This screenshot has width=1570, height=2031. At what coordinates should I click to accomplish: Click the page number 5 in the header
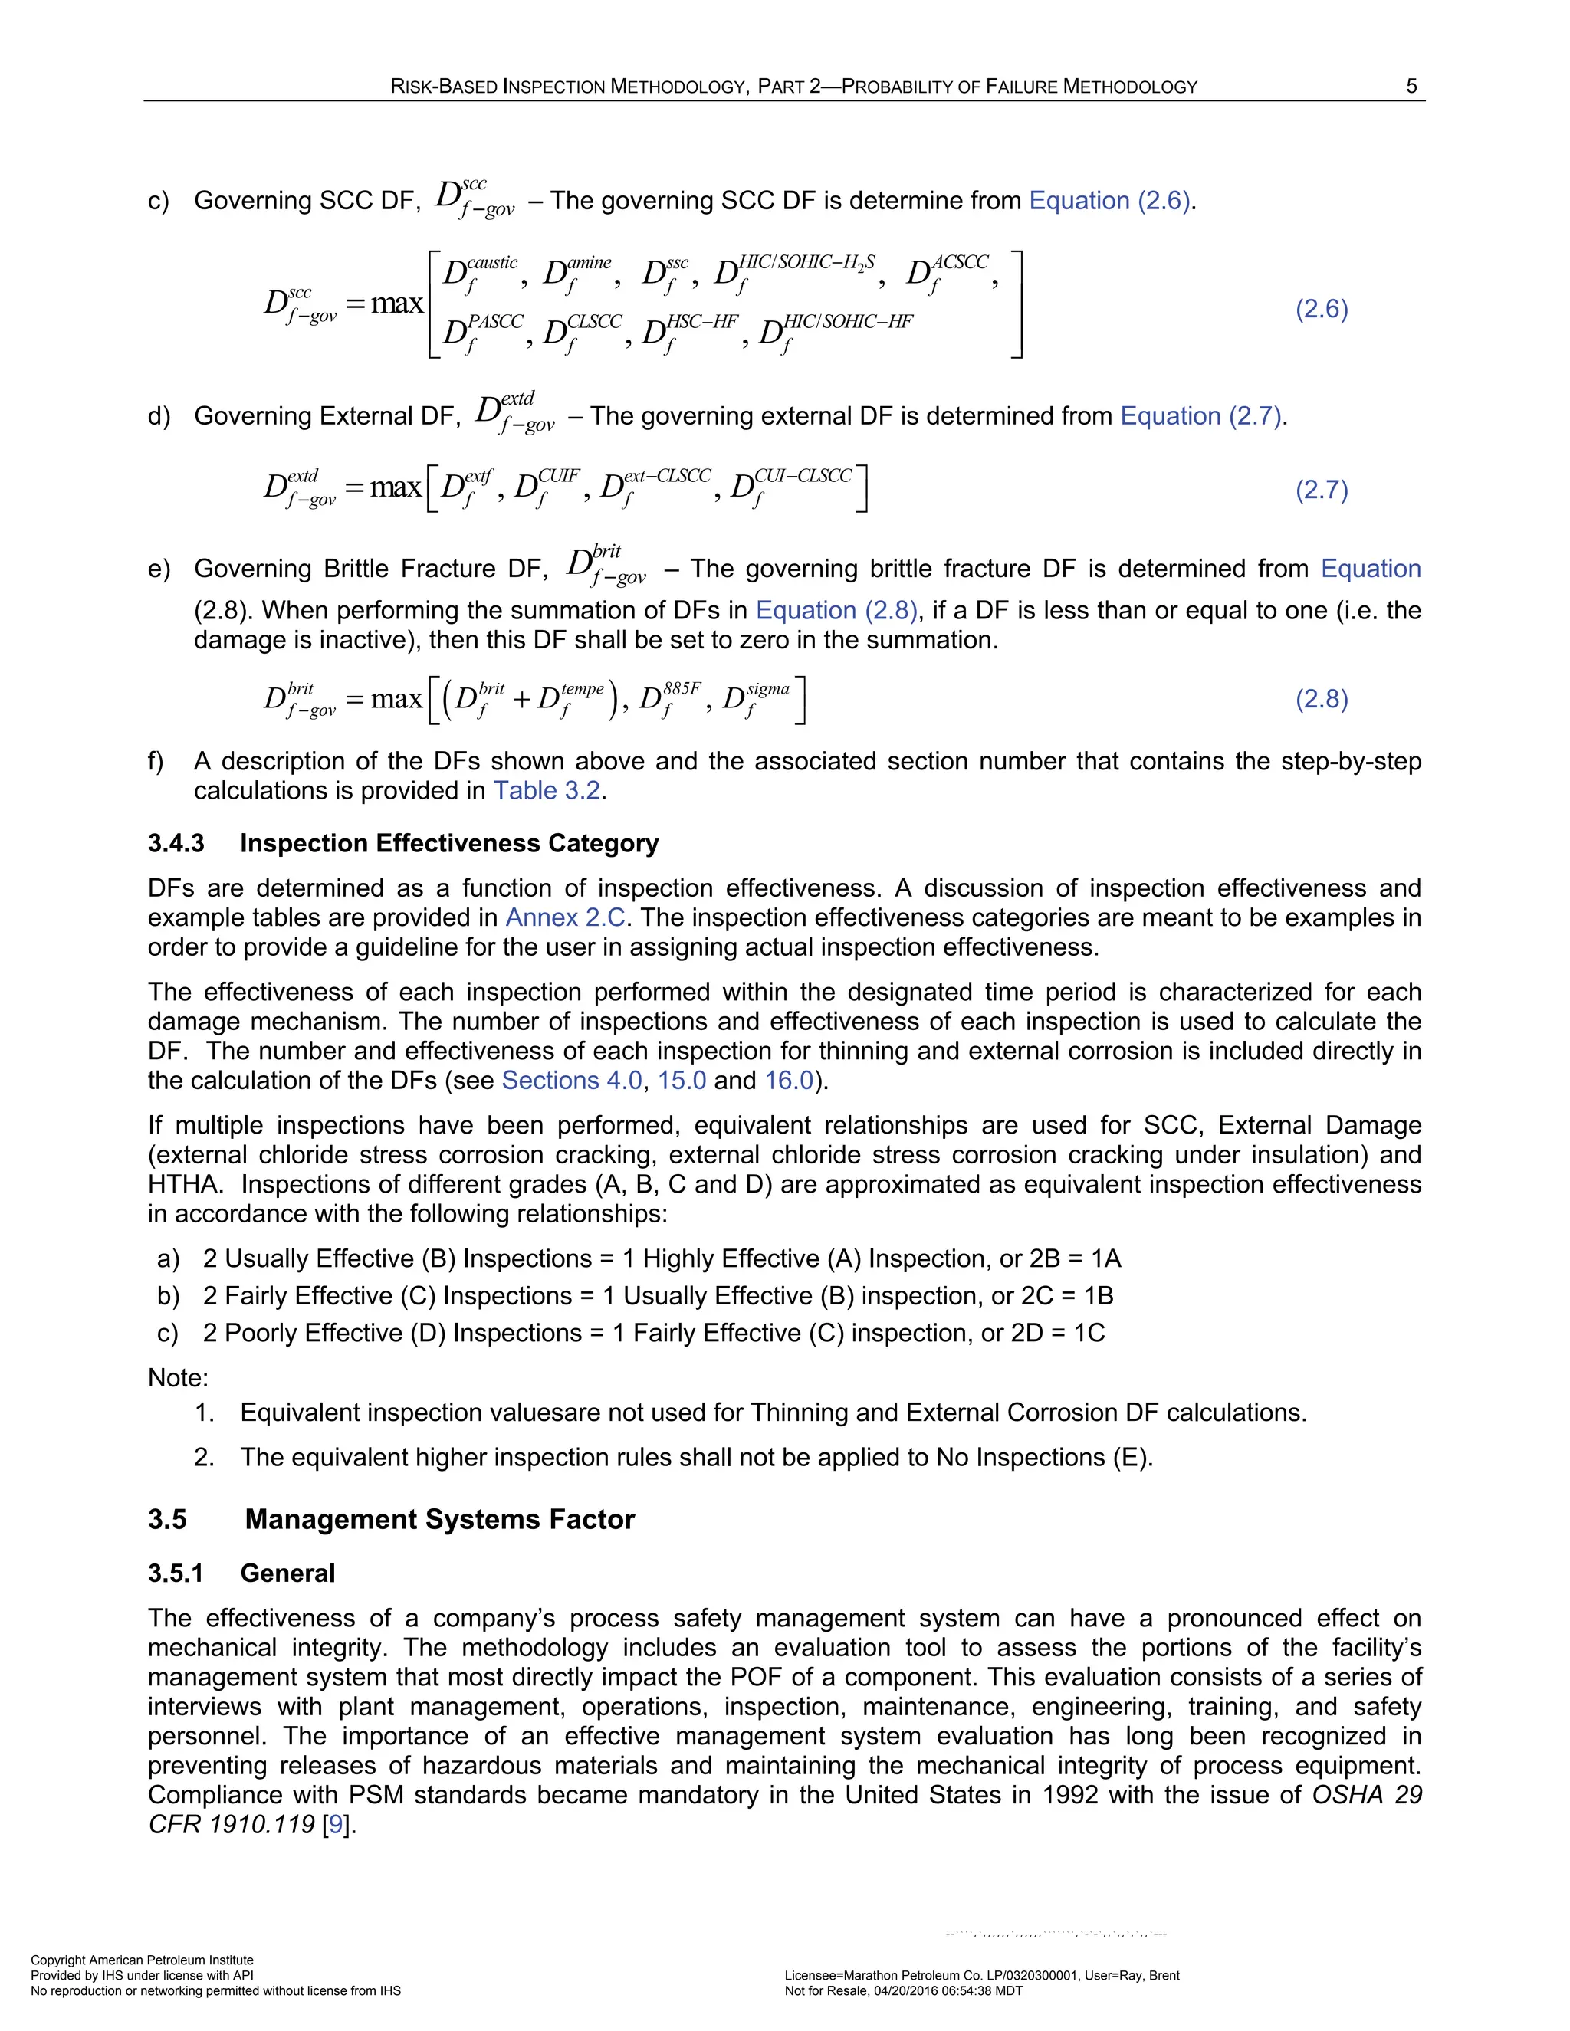coord(1411,87)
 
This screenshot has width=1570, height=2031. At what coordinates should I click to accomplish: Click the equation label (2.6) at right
coord(1322,309)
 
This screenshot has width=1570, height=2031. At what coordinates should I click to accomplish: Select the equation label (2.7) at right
coord(1322,489)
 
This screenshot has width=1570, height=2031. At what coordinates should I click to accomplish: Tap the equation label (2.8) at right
coord(1322,698)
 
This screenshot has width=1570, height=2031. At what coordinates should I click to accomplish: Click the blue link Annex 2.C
coord(564,918)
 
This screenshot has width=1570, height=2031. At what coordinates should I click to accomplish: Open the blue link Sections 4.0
coord(571,1081)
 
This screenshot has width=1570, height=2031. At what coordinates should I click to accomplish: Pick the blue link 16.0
coord(789,1081)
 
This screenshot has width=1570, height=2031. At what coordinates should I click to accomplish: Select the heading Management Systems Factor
coord(439,1520)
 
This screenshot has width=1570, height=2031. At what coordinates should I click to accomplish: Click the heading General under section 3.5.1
coord(287,1573)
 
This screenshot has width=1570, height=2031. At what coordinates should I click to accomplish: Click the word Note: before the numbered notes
coord(178,1378)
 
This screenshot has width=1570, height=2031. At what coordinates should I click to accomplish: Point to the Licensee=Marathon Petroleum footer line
coord(981,1976)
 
